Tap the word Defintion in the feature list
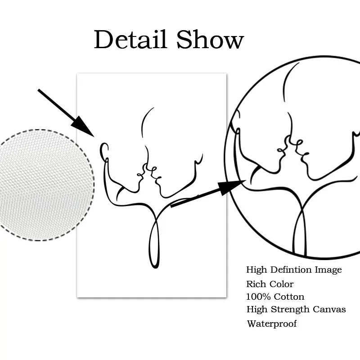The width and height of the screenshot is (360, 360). click(291, 270)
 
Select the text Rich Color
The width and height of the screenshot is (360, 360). click(270, 284)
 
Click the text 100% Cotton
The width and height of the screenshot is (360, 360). click(275, 297)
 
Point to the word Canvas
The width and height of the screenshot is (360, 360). click(330, 309)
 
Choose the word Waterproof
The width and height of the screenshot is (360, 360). click(271, 323)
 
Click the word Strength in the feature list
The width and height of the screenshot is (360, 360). click(289, 310)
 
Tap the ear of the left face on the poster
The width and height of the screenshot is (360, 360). click(105, 151)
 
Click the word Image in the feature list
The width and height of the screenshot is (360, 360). click(329, 270)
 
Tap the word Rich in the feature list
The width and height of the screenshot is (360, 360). click(255, 284)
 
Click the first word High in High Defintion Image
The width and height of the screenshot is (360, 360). click(256, 270)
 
